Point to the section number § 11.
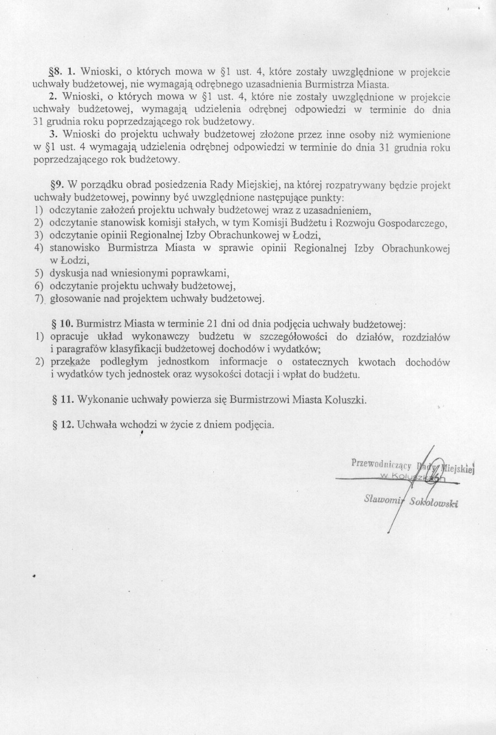(x=63, y=400)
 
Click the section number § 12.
(x=63, y=425)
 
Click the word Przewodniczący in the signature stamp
(x=381, y=464)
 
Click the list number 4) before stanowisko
(x=39, y=248)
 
